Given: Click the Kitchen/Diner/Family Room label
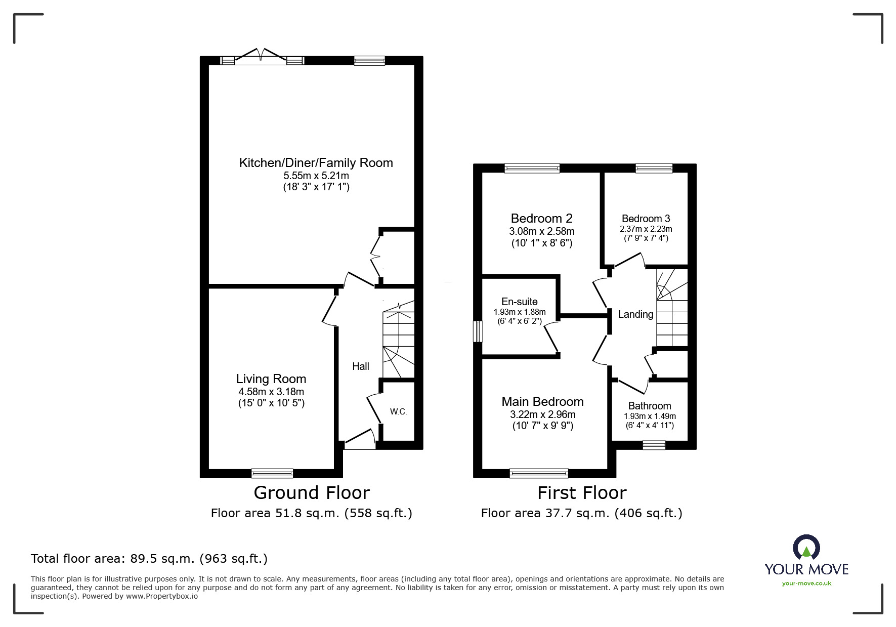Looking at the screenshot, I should coord(316,163).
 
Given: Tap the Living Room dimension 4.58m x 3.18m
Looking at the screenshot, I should coord(271,392).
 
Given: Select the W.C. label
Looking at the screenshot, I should coord(398,411).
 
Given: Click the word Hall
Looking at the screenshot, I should coord(361,366).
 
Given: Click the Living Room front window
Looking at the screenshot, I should coord(272,473).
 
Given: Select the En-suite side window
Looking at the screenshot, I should coord(478,331).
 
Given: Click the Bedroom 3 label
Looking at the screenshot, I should coord(646,219).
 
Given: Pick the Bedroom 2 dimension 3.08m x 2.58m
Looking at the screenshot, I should coord(541,231).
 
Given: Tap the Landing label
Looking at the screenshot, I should coord(635,314).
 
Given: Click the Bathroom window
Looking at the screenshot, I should coord(654,445).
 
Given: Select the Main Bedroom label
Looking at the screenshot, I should coord(542,402).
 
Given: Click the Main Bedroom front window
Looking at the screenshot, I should coord(539,473).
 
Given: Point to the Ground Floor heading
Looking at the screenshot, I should coord(312,492).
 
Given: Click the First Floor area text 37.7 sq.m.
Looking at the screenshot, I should coord(581,513).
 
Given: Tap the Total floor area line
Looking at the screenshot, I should coord(149,559).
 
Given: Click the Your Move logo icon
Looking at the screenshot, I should coord(806,548).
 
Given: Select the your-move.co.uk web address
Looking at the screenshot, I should coord(806,583).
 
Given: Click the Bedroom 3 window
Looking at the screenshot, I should coord(654,169).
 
